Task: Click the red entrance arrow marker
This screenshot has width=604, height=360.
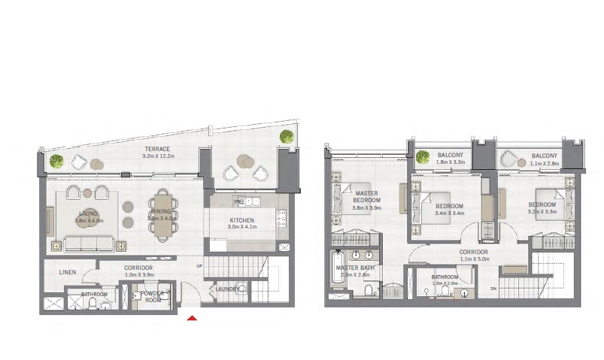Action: (x=193, y=319)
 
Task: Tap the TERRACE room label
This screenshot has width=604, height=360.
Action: (x=158, y=149)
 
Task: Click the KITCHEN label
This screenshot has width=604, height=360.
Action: (x=243, y=219)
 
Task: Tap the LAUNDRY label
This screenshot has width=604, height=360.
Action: (x=227, y=289)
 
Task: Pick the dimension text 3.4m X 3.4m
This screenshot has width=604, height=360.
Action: (x=449, y=213)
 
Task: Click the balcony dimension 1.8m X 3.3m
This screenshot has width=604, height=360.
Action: (x=451, y=162)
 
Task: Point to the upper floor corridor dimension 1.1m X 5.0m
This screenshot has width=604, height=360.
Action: (x=475, y=260)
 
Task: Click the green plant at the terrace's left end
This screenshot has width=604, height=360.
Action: (x=56, y=161)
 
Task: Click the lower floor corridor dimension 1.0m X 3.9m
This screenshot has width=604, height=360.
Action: (x=139, y=275)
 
